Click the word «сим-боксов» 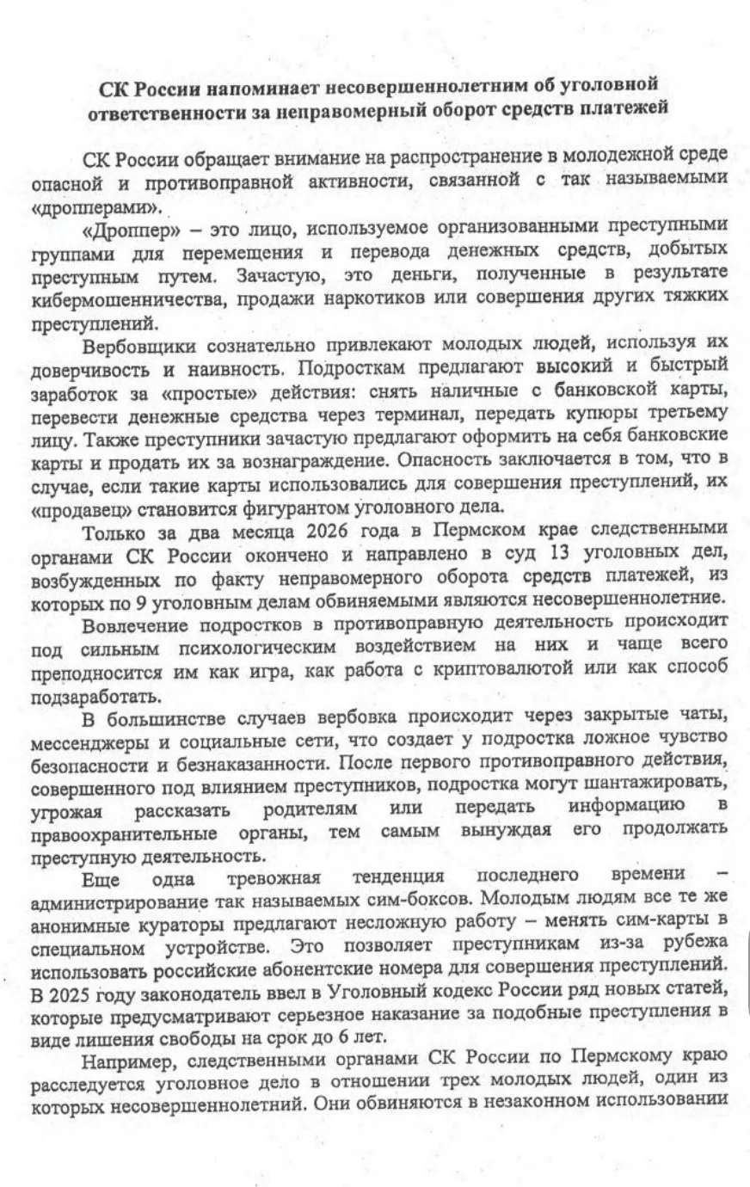[417, 898]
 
